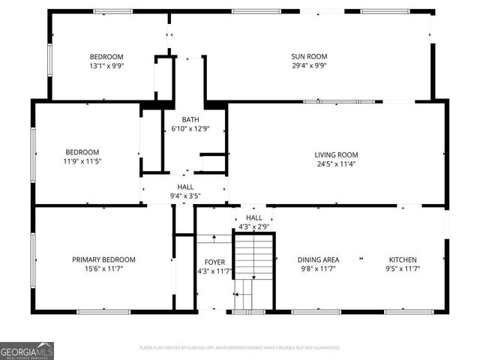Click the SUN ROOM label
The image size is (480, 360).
(309, 56)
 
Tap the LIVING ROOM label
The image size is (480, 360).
(336, 154)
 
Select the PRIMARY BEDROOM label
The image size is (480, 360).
(114, 259)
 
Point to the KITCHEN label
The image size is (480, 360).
(401, 259)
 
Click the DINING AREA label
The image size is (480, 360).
(318, 259)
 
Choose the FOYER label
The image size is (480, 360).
(205, 262)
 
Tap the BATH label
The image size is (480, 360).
(190, 119)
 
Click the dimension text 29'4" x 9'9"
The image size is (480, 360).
(309, 65)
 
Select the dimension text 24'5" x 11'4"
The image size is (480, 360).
(336, 163)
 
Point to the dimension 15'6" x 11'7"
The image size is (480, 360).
(114, 268)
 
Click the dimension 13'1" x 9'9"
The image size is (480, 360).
(106, 65)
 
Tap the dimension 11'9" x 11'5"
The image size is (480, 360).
(82, 161)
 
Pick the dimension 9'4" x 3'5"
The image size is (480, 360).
(185, 196)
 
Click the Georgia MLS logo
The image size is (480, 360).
(27, 351)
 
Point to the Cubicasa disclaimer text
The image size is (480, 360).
(240, 348)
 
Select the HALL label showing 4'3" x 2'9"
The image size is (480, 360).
(254, 217)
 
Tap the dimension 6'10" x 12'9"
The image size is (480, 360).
(190, 128)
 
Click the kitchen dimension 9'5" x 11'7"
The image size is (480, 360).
(401, 268)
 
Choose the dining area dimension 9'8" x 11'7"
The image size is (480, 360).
(318, 268)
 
